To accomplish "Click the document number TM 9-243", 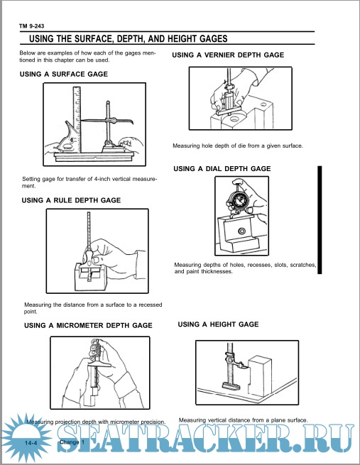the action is coord(31,26).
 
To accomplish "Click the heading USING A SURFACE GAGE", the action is coord(64,74).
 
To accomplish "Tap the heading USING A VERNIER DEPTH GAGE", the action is coord(228,55).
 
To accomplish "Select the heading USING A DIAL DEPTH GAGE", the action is coord(222,169).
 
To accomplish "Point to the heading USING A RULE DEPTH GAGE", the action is coord(71,200).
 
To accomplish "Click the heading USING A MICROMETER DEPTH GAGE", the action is coord(88,326).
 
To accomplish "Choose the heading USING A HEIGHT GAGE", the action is coord(218,324).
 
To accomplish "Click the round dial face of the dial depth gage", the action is coord(239,201).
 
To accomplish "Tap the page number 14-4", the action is coord(31,443).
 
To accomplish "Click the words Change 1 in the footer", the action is coord(72,442).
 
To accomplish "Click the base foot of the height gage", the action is coord(230,385).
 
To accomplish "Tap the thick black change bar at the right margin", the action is coord(320,220).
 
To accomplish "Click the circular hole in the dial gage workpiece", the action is coord(241,231).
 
